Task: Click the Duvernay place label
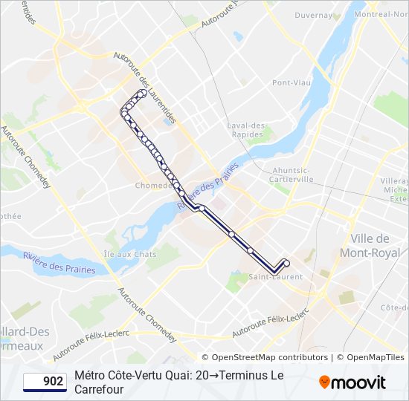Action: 312,15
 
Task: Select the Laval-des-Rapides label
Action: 248,130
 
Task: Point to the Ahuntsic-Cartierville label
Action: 292,175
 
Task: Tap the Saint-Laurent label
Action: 275,277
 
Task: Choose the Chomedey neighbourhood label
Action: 154,186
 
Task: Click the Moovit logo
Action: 352,382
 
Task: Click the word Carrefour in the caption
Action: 98,389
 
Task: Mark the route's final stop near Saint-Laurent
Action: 286,263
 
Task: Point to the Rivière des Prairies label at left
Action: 59,264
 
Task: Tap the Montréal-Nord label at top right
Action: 381,15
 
